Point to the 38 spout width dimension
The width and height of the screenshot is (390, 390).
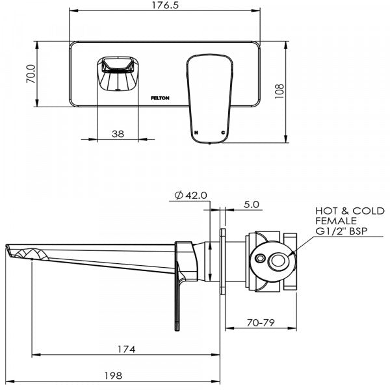point(118,133)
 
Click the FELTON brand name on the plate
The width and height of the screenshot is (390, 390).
point(161,97)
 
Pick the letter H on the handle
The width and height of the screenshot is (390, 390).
point(195,132)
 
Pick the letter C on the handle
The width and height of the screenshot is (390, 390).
point(223,132)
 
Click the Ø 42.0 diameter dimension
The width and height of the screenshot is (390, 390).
point(190,195)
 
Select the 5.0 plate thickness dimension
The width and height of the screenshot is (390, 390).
point(252,204)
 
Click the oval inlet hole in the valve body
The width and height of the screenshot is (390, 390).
point(278,263)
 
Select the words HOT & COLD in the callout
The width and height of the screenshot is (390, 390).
point(350,211)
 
